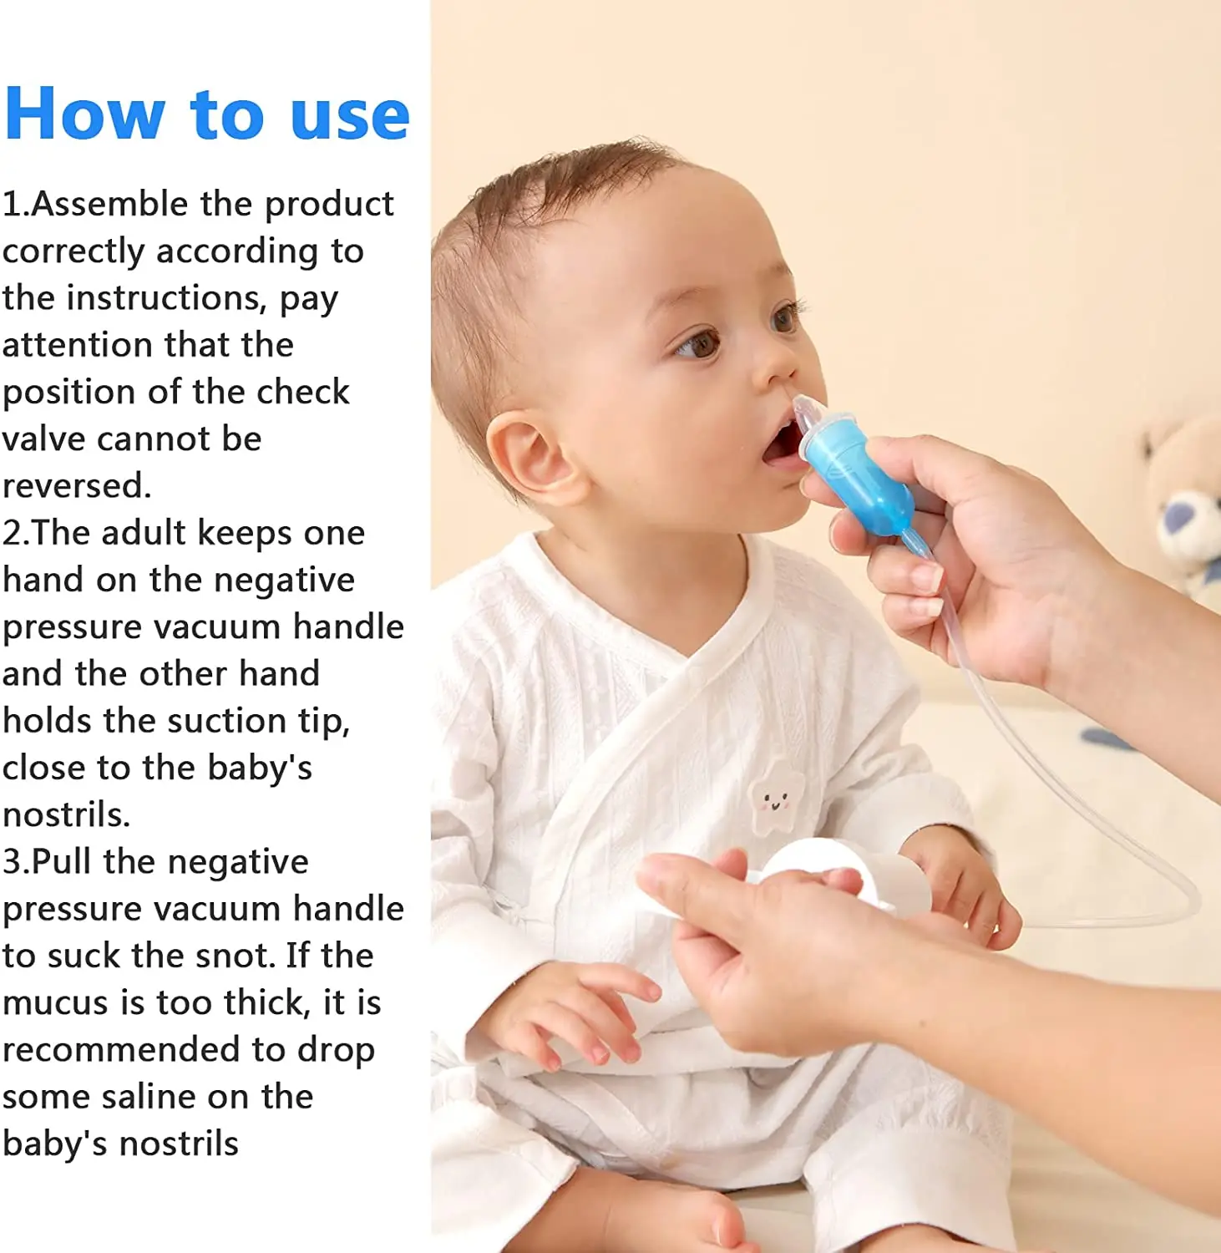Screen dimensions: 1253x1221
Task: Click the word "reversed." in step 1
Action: coord(77,486)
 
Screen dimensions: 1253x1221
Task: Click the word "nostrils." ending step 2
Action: coord(66,815)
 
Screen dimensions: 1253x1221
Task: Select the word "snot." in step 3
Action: coord(233,956)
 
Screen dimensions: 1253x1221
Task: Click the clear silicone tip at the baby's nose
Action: coord(808,411)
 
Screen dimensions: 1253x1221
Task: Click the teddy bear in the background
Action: coord(1186,501)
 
